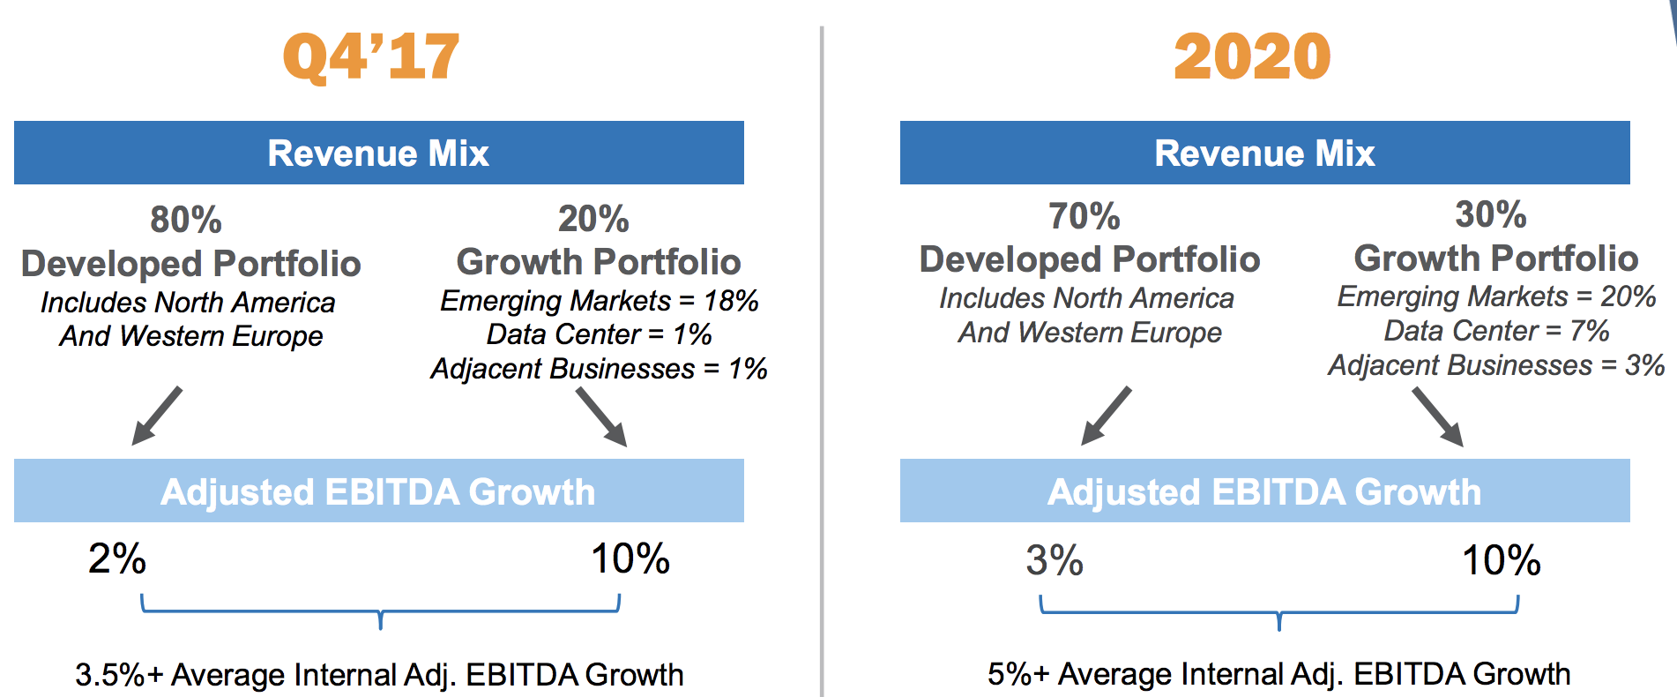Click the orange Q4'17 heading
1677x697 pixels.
(371, 57)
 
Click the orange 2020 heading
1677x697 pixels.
(1252, 56)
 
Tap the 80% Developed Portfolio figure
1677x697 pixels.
(186, 220)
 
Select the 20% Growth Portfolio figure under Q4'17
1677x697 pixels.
(593, 219)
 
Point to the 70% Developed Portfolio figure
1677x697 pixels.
(1084, 216)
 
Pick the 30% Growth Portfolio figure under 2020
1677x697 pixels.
(1491, 214)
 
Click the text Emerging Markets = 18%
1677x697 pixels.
(600, 301)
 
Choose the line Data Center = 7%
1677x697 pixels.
(1496, 331)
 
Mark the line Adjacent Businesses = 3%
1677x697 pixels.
(1496, 365)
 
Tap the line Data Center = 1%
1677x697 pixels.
(600, 334)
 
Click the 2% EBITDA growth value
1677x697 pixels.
(117, 558)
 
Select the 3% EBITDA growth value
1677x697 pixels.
(1055, 560)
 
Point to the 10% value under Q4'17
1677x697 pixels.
(630, 558)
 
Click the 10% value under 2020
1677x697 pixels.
(1502, 560)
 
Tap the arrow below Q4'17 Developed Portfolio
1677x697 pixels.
(157, 416)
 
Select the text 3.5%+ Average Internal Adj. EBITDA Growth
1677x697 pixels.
(379, 675)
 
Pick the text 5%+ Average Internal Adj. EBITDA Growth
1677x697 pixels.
(1278, 674)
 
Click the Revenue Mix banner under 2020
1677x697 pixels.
(1265, 153)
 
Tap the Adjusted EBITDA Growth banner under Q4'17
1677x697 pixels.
(379, 491)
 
